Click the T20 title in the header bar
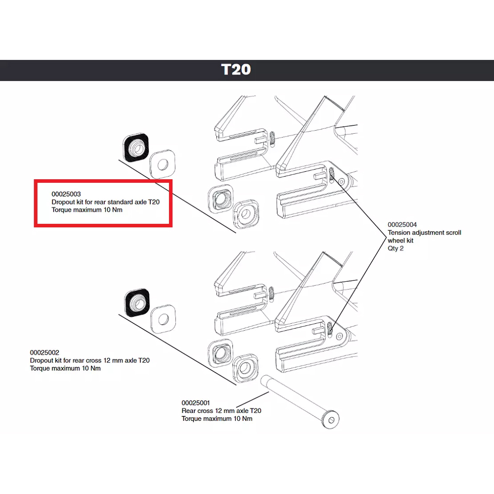pyautogui.click(x=236, y=70)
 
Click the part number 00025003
pyautogui.click(x=66, y=194)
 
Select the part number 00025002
pyautogui.click(x=45, y=353)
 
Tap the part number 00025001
pyautogui.click(x=196, y=403)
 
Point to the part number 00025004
pyautogui.click(x=402, y=225)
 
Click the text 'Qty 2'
pyautogui.click(x=395, y=248)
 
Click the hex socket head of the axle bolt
pyautogui.click(x=330, y=420)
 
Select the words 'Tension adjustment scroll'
pyautogui.click(x=424, y=233)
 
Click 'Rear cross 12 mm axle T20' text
pyautogui.click(x=221, y=411)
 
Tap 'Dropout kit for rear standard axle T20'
pyautogui.click(x=105, y=202)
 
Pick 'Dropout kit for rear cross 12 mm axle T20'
pyautogui.click(x=90, y=360)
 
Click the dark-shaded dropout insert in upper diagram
pyautogui.click(x=136, y=147)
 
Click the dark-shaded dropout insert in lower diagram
pyautogui.click(x=137, y=303)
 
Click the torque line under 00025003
pyautogui.click(x=87, y=210)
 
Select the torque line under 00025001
pyautogui.click(x=217, y=419)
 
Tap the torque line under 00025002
pyautogui.click(x=65, y=368)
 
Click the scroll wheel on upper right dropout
pyautogui.click(x=332, y=175)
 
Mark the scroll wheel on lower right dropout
pyautogui.click(x=330, y=329)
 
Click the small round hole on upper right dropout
pyautogui.click(x=342, y=182)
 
